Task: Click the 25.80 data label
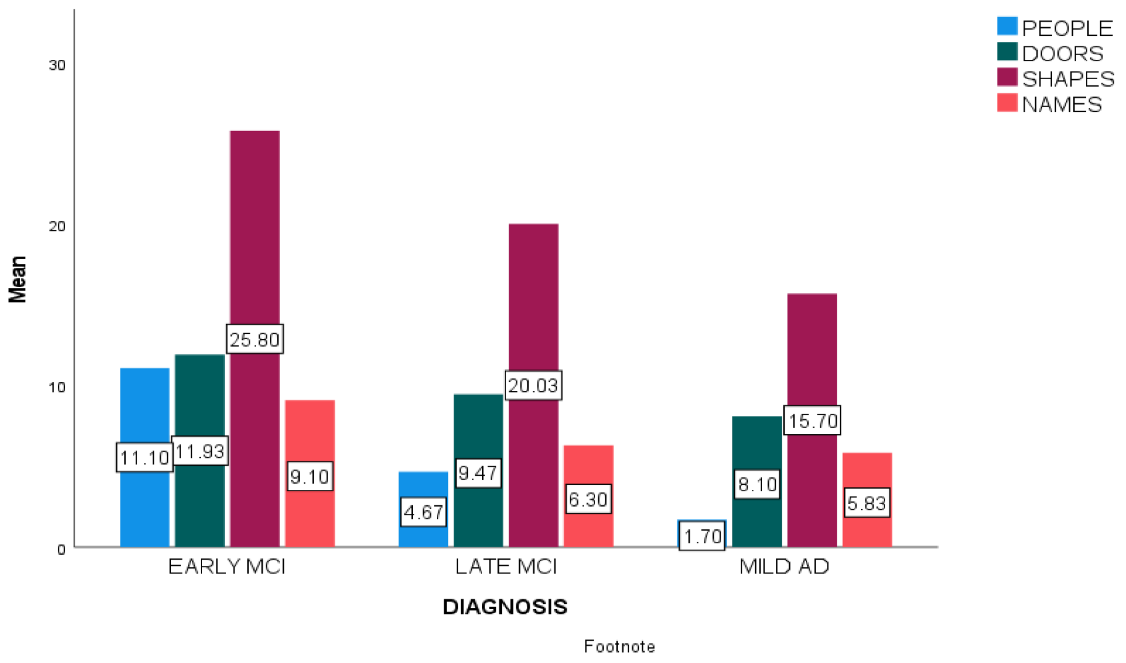pos(255,339)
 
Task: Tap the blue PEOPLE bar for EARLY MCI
pos(145,408)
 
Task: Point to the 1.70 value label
pos(702,536)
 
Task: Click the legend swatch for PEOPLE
pos(1007,27)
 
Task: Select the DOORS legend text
pos(1062,54)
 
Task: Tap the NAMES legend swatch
pos(1007,103)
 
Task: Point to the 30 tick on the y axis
pos(57,66)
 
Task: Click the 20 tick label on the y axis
pos(57,226)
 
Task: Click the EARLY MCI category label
pos(227,567)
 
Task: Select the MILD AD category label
pos(784,567)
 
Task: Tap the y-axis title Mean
pos(17,279)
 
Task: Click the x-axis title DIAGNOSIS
pos(505,607)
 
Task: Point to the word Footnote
pos(619,646)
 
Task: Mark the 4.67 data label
pos(423,512)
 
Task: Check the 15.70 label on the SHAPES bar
pos(812,421)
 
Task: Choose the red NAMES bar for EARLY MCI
pos(310,433)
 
